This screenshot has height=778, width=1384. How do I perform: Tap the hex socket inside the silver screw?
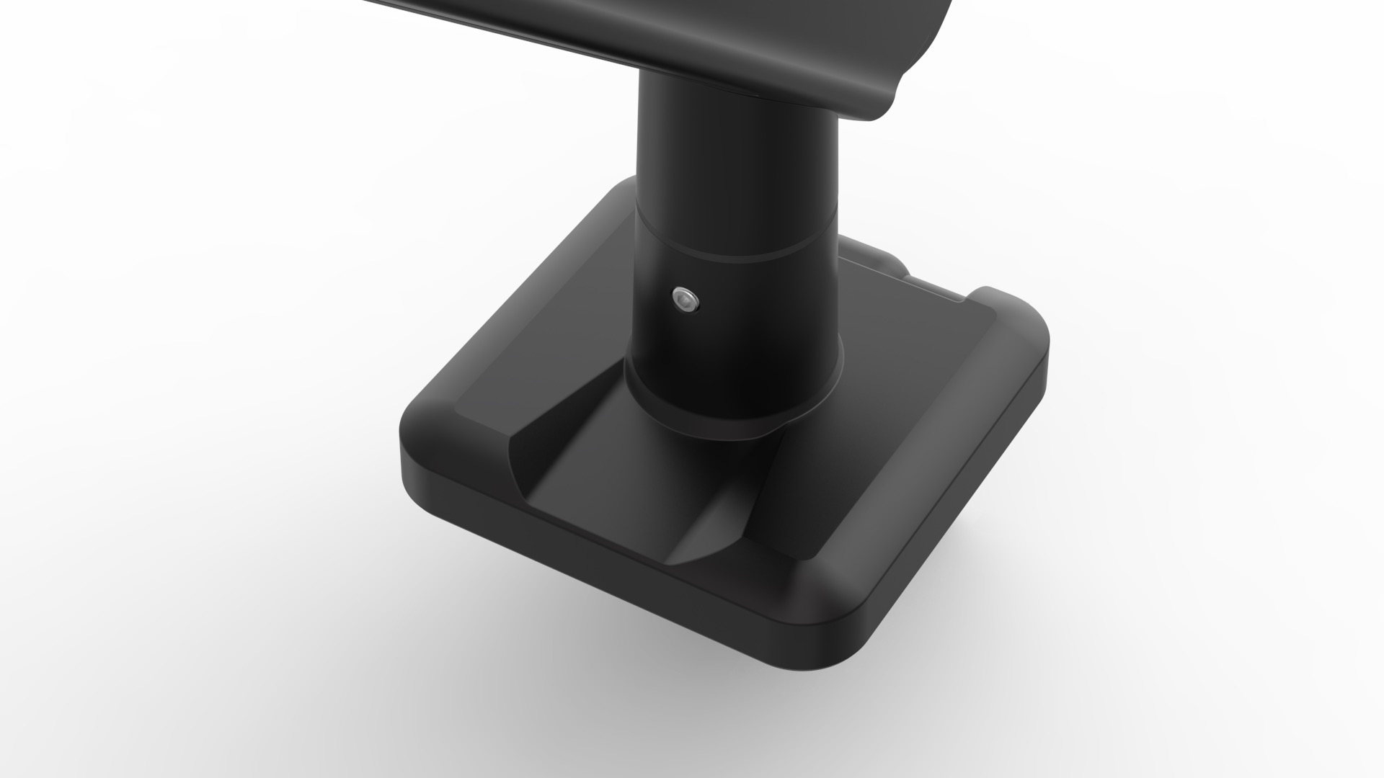point(684,301)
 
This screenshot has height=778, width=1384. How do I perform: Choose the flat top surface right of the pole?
point(908,346)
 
